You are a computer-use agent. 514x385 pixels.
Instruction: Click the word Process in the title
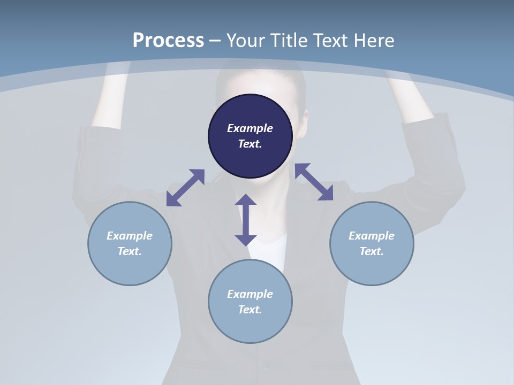coord(168,41)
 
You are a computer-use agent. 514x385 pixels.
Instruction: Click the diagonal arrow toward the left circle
coord(185,188)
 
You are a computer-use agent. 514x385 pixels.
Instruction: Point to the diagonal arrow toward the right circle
coord(314,182)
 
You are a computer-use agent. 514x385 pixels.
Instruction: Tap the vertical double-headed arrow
coord(246,220)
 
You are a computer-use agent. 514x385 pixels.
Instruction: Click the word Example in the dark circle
coord(250,128)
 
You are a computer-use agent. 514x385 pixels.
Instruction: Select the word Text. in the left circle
coord(130,251)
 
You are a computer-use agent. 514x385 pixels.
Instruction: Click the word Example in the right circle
coord(372,236)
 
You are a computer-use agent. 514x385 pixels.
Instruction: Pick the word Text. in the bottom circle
coord(250,310)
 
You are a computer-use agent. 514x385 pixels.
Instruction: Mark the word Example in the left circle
coord(130,236)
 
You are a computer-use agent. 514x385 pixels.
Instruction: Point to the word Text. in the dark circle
coord(250,144)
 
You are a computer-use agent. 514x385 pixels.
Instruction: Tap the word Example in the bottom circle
coord(250,294)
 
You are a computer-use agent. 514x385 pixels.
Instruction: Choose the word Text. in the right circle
coord(372,251)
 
